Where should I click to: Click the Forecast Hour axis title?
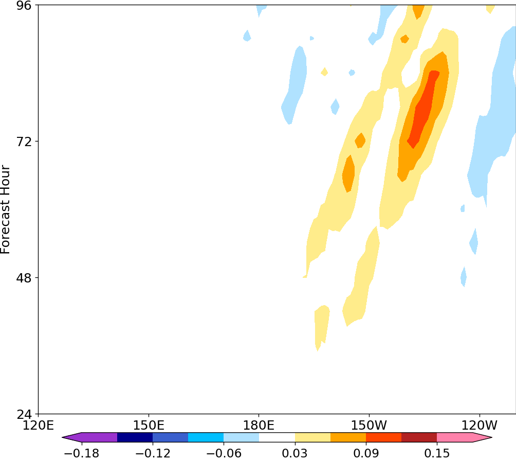(x=6, y=209)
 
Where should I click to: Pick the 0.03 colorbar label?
(x=295, y=453)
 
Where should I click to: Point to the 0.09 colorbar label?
(x=366, y=453)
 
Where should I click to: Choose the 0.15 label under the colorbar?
(x=437, y=453)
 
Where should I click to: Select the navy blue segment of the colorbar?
(x=135, y=437)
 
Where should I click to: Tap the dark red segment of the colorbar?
(x=419, y=437)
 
